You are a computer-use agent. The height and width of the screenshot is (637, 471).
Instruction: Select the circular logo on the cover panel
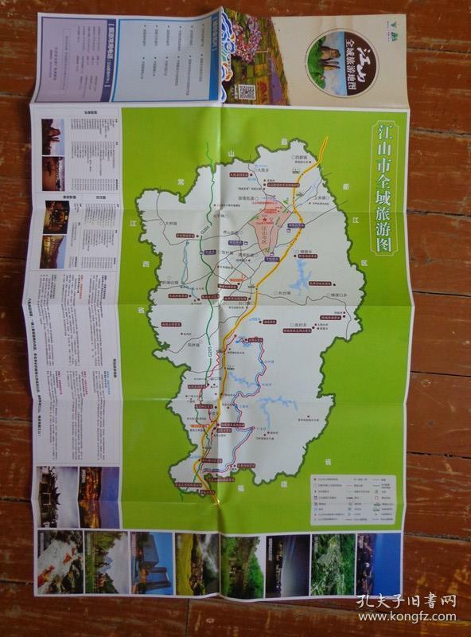[x=342, y=63]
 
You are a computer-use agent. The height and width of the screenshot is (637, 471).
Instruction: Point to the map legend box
[x=352, y=499]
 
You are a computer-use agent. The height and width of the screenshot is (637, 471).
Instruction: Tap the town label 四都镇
[x=300, y=158]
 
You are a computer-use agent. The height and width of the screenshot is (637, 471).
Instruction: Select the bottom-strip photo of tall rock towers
[x=151, y=562]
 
